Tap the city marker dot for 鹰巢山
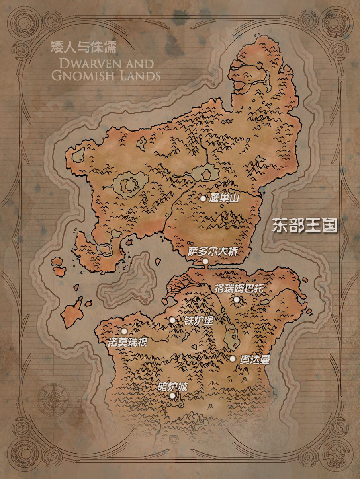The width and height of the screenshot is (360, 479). pos(203,198)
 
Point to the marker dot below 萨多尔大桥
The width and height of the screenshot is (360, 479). pos(205,261)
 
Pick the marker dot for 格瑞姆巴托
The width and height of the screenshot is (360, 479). pos(237,299)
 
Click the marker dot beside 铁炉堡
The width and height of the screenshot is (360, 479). pos(172,320)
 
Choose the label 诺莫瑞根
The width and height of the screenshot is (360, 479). pos(128,342)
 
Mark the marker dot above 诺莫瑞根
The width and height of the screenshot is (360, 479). pos(124,331)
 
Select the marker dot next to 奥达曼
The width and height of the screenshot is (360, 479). pos(233,359)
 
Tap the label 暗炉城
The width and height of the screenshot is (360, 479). pos(172,386)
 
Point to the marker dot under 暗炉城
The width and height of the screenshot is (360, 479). pos(172,395)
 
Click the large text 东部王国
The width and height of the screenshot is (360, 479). pos(305,226)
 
